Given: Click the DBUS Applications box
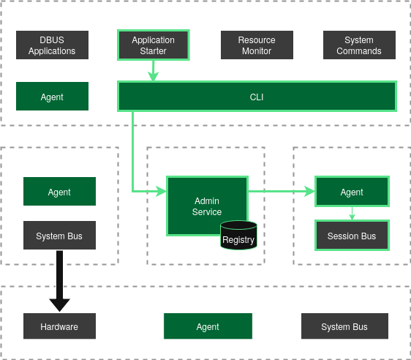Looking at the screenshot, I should pos(52,45).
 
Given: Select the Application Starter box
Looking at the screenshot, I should pos(154,45).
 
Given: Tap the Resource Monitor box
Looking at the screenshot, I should pos(257,45).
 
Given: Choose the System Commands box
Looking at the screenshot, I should pos(359,45).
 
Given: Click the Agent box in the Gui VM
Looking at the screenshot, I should pos(52,97).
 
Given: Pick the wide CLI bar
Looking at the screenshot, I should pos(257,97).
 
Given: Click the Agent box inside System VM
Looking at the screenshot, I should pos(59,192).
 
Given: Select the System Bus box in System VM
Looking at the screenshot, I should pos(59,236).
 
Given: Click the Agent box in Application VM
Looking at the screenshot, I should pos(352,192).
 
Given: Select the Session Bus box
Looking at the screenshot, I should pos(352,236).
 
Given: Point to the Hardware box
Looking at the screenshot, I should pos(59,326).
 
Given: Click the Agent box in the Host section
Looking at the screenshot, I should pos(208,326).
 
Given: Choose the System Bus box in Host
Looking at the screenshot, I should pos(344,326).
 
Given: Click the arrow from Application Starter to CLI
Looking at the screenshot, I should pos(154,71).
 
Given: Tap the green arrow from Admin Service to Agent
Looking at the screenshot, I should pos(282,192).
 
